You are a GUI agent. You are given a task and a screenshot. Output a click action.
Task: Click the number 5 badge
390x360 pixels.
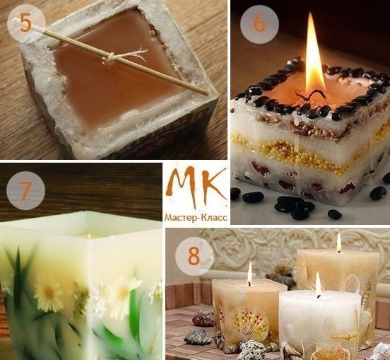(x=26, y=24)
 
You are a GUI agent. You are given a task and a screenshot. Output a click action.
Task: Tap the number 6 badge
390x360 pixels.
(x=259, y=24)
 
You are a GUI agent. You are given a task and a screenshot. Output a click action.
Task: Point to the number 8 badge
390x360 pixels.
(x=194, y=257)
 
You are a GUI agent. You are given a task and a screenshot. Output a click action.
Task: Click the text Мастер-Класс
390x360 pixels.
(x=196, y=218)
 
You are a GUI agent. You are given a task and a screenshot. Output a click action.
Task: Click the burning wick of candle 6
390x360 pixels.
(x=311, y=96)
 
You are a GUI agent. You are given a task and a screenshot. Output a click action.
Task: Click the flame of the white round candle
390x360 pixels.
(x=318, y=284)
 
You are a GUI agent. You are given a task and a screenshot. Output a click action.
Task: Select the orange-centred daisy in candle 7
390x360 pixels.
(x=49, y=293)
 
